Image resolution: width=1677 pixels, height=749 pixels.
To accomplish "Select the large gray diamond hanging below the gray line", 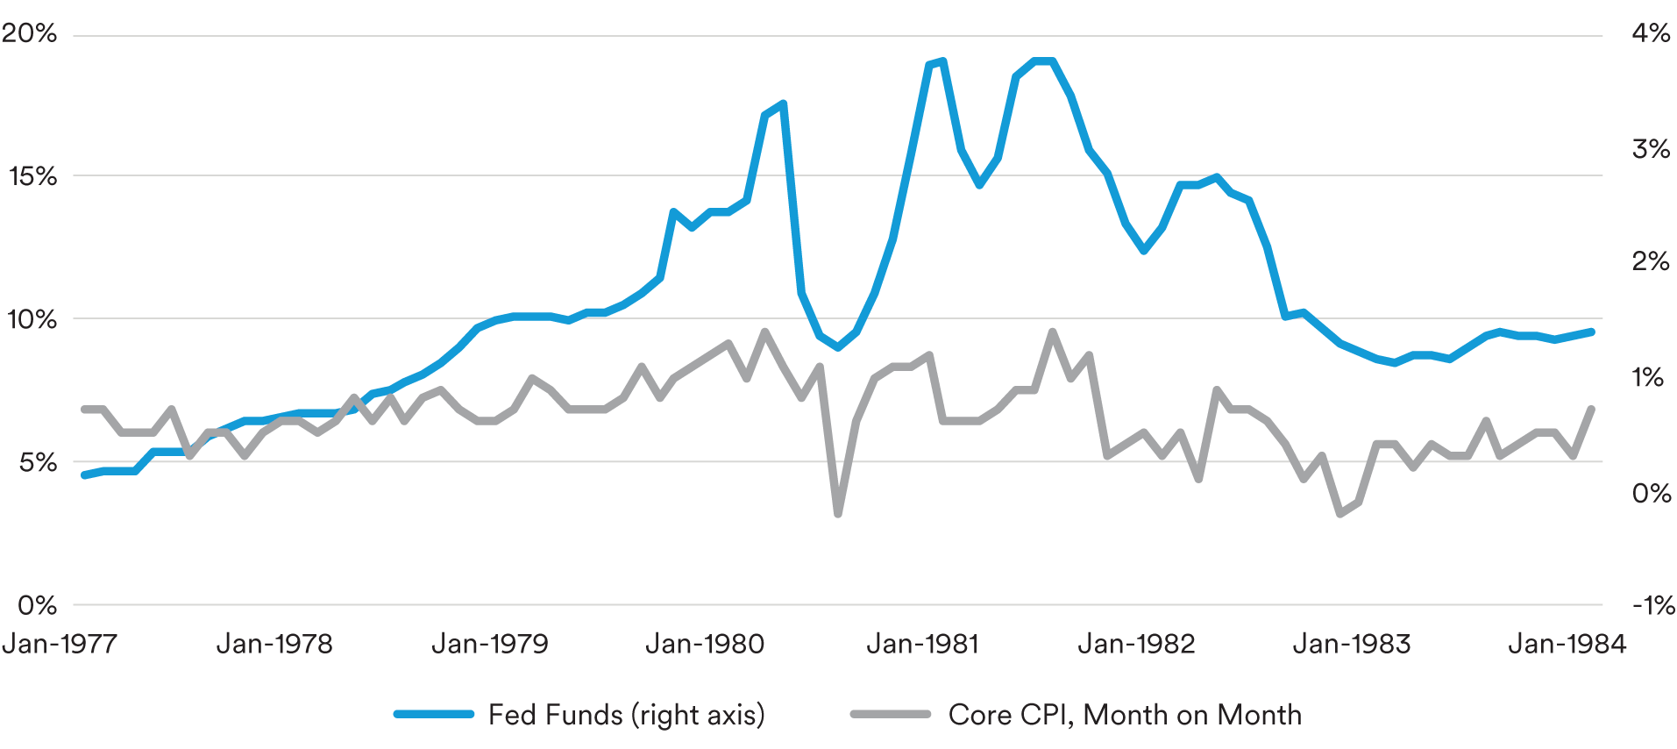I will [838, 513].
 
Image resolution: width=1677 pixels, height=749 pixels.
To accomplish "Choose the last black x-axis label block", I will [1569, 671].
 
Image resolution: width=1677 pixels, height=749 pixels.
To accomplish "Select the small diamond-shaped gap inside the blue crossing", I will [771, 175].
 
